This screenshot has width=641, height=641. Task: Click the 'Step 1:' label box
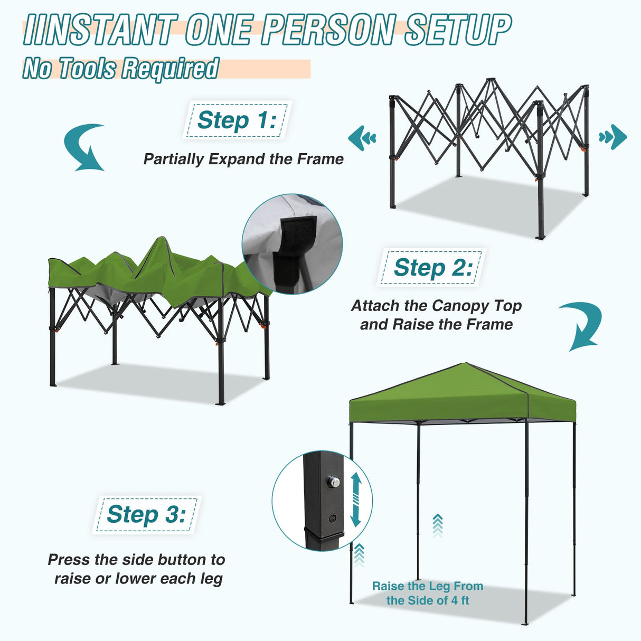[x=237, y=120]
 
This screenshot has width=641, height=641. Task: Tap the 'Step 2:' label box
[x=432, y=268]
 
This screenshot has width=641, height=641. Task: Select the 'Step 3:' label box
[x=146, y=514]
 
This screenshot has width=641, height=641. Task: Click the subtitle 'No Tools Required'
[x=120, y=69]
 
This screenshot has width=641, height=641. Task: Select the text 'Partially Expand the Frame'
[x=243, y=159]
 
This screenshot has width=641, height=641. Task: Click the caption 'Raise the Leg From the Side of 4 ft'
[x=428, y=593]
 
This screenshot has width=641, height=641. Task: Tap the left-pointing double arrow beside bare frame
[x=362, y=138]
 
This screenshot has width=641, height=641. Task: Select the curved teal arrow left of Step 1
[x=86, y=147]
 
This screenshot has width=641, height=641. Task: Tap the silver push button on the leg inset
[x=333, y=482]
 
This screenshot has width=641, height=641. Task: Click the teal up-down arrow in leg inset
[x=355, y=499]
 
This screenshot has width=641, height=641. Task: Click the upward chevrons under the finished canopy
[x=437, y=525]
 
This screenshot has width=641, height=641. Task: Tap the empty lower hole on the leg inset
[x=332, y=519]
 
